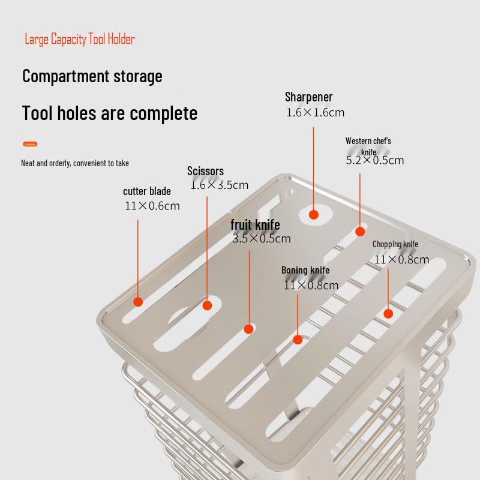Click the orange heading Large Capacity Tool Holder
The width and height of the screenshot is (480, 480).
click(x=80, y=39)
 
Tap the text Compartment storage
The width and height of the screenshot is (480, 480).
click(x=92, y=76)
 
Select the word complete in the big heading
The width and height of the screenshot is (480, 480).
click(x=163, y=113)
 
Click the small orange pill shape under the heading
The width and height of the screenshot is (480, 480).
click(x=30, y=144)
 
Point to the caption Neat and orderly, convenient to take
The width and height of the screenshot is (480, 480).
click(x=75, y=163)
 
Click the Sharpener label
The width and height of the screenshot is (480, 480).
click(x=308, y=97)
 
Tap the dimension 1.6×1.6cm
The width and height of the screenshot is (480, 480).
click(x=316, y=113)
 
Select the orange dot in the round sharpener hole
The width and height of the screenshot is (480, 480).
click(x=313, y=215)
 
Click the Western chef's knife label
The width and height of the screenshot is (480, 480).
click(x=368, y=146)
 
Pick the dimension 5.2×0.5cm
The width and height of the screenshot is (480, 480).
click(x=374, y=160)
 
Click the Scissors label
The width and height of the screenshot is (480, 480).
click(x=205, y=171)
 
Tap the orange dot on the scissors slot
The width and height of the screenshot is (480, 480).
click(x=207, y=305)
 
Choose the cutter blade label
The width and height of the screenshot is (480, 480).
click(x=147, y=191)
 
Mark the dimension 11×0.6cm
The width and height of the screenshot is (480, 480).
click(x=152, y=206)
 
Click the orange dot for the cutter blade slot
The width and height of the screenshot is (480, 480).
click(x=138, y=302)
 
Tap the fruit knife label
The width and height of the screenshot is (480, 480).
click(x=255, y=225)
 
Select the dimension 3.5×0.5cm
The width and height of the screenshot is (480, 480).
click(x=262, y=238)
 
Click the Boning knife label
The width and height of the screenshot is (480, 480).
click(x=305, y=271)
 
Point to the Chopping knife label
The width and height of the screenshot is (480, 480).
click(x=395, y=244)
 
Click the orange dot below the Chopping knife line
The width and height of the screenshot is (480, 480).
click(x=388, y=313)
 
